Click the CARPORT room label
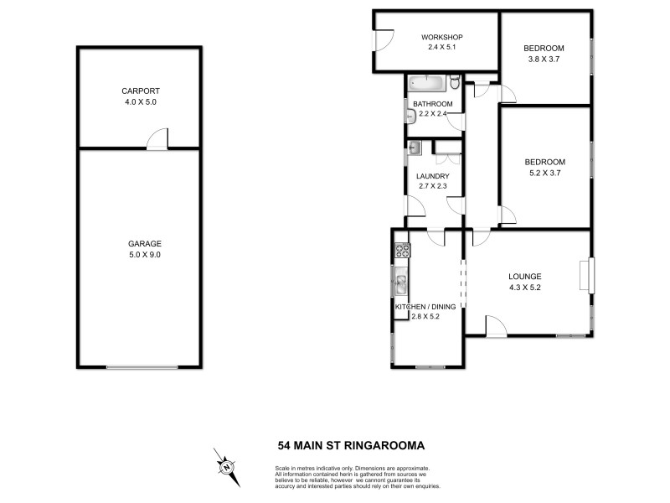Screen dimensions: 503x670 [139, 91]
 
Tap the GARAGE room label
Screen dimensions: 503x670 [139, 243]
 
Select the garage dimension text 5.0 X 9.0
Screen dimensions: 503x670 [139, 255]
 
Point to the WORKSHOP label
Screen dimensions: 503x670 [441, 38]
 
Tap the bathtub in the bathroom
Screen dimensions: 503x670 [427, 83]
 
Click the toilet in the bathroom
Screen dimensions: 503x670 [453, 82]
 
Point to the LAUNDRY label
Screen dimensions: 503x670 [433, 175]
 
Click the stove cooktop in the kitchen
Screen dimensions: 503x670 [402, 250]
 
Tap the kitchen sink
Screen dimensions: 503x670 [401, 283]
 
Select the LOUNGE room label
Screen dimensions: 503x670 [525, 277]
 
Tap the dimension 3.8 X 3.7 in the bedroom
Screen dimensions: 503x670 [544, 60]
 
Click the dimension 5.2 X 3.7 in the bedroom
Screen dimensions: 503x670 [544, 174]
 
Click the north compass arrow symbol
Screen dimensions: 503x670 [227, 464]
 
